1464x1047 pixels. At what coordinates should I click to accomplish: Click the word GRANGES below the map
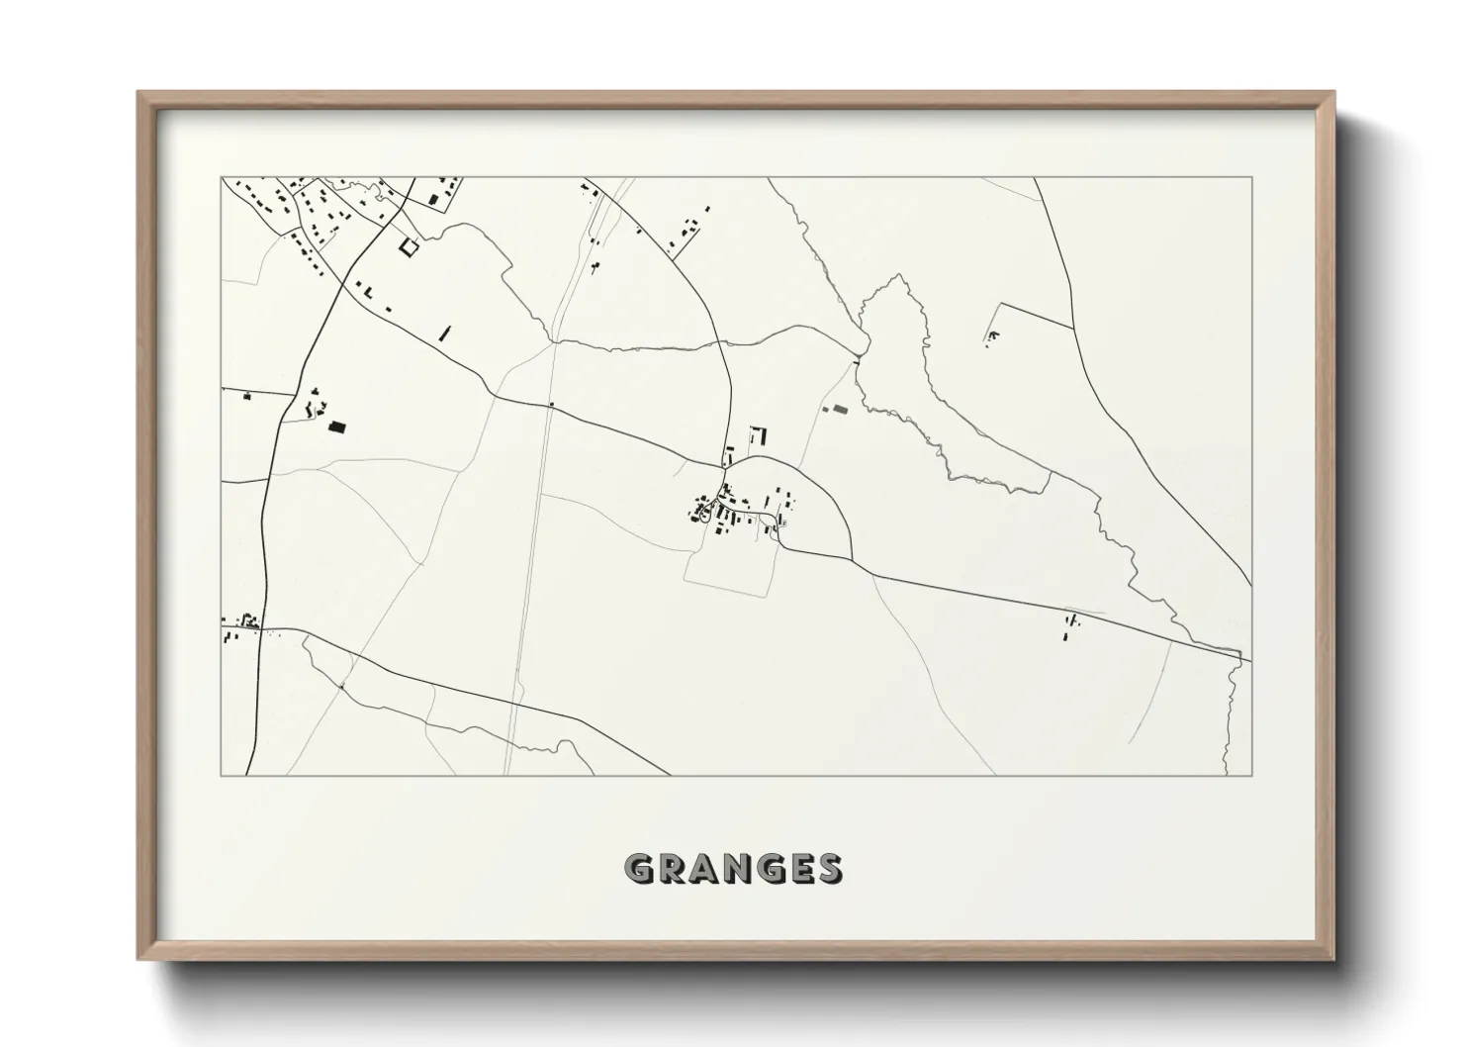point(733,868)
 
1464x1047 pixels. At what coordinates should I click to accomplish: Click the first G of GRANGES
point(638,868)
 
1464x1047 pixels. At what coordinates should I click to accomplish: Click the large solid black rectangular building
point(338,427)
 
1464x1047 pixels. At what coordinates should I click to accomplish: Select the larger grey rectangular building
point(841,408)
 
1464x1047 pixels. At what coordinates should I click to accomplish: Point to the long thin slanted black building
point(444,334)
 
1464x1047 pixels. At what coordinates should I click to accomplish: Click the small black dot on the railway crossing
point(551,404)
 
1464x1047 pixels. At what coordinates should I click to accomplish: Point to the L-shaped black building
point(760,434)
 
